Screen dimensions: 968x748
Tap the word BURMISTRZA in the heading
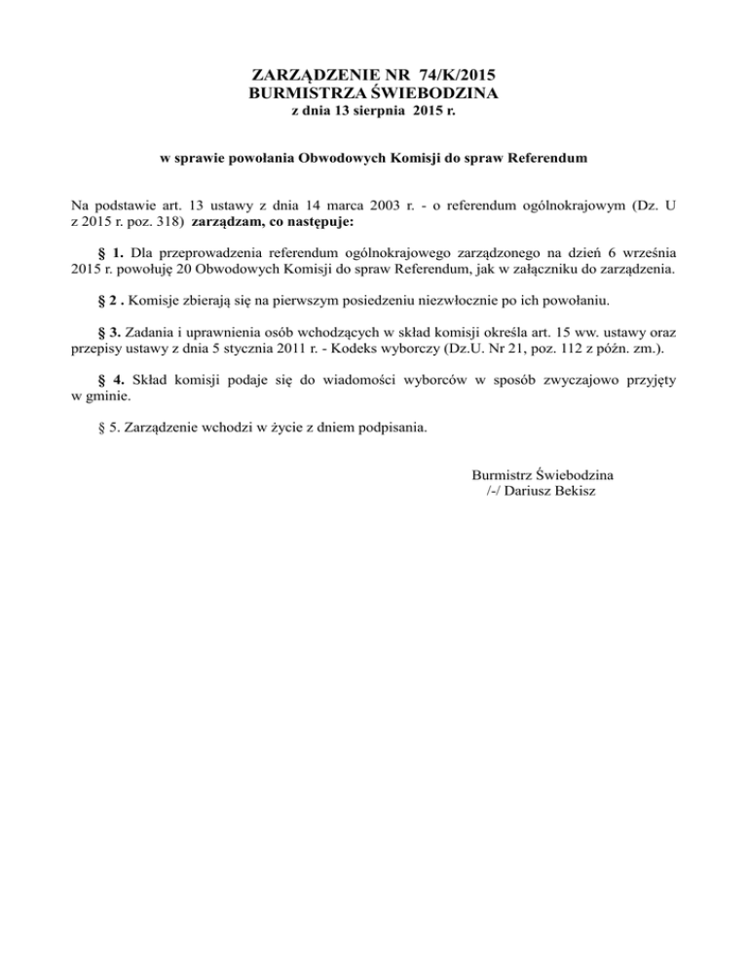(305, 93)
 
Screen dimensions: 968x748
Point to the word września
(643, 251)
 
